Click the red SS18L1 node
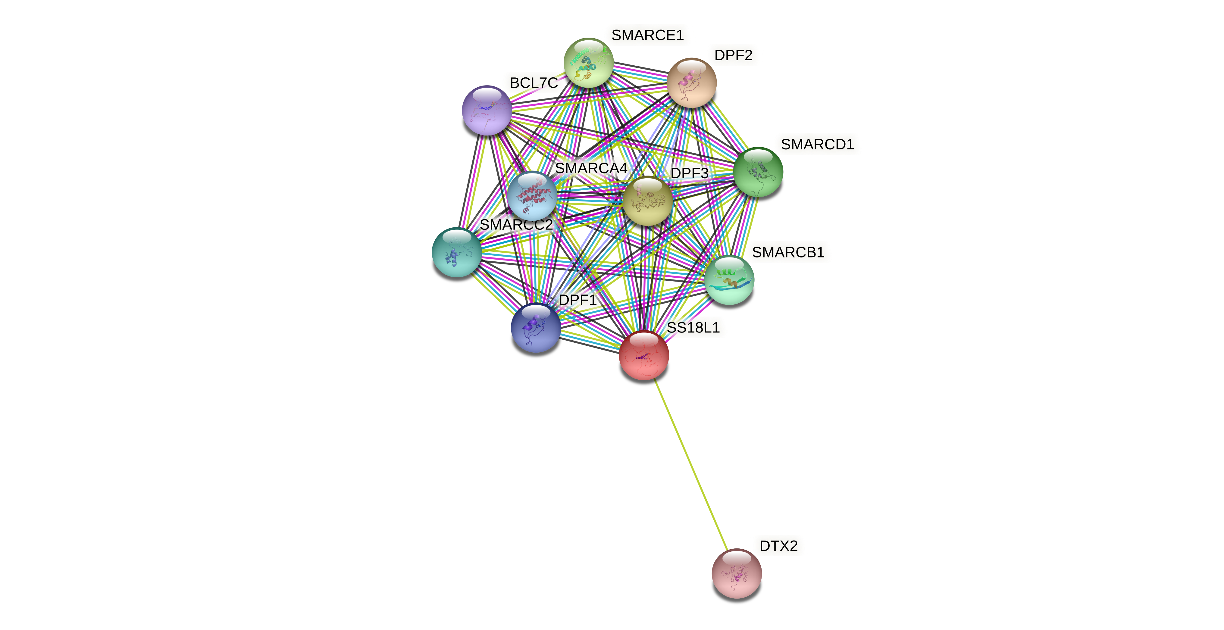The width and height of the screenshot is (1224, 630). click(644, 355)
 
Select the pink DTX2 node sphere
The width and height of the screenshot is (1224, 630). click(737, 573)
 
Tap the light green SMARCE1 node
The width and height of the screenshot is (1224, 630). click(589, 63)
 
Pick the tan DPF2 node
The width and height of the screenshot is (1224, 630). click(691, 83)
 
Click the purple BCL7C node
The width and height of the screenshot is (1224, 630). click(487, 110)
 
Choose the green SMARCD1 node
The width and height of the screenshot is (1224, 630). click(758, 172)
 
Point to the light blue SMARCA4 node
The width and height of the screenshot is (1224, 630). click(532, 196)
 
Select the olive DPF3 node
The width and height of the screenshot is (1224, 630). click(648, 201)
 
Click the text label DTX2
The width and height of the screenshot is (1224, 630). click(778, 546)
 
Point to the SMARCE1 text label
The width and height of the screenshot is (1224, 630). click(647, 35)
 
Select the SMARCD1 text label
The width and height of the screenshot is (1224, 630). click(817, 145)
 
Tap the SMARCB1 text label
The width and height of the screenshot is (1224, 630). click(788, 252)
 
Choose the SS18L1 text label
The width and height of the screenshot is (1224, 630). click(693, 328)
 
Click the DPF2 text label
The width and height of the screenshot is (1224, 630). click(733, 55)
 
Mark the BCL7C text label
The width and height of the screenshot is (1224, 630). click(533, 83)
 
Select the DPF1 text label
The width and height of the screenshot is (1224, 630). click(577, 300)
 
